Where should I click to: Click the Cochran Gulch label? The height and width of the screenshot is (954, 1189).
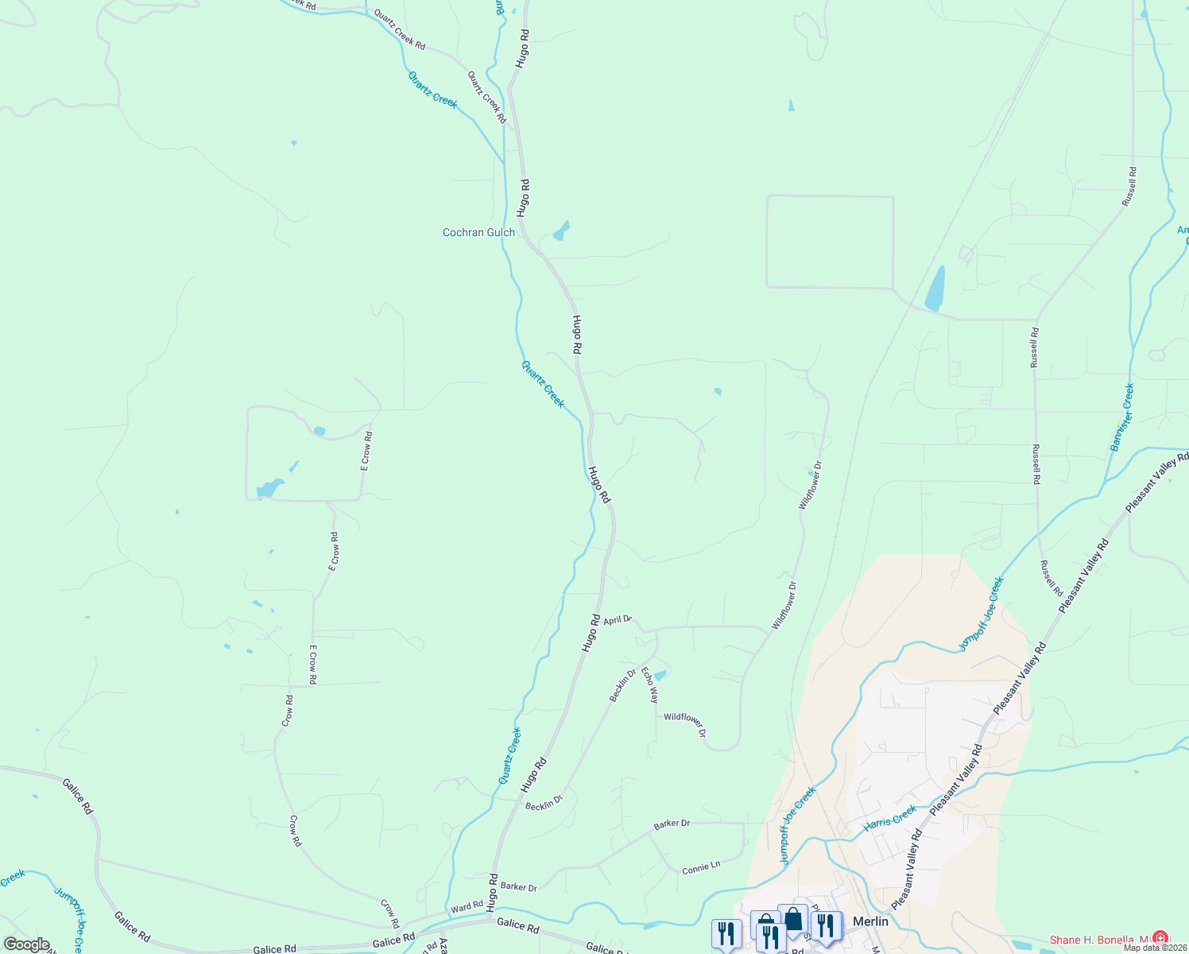coord(478,233)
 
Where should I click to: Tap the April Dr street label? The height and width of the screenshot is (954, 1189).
coord(618,620)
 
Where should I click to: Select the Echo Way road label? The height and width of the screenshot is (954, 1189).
coord(650,686)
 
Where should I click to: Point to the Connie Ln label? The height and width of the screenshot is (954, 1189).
coord(701,867)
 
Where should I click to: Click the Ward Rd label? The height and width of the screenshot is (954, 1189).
coord(467,906)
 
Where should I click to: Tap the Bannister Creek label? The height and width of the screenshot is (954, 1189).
coord(1122,417)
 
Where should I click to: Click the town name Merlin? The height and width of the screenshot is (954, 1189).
coord(869,921)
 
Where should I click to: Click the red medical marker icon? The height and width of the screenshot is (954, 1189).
coord(1160,938)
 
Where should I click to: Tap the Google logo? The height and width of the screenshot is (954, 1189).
coord(26,944)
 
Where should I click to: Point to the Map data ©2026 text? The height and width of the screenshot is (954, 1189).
coord(1152,948)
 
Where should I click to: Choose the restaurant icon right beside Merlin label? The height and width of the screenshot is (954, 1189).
coord(827,925)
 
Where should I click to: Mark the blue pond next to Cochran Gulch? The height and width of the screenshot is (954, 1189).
coord(561,231)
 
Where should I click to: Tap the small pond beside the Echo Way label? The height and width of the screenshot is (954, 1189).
coord(660,676)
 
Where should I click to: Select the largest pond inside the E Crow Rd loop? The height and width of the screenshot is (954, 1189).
coord(269,487)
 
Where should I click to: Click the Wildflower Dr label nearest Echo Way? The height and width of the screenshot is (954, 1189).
coord(685,724)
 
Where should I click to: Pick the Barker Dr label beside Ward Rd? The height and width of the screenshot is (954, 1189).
coord(519,887)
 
